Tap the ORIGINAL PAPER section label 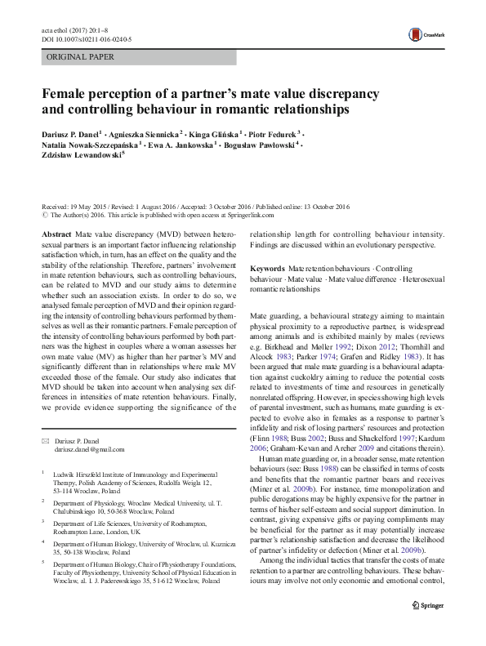point(80,57)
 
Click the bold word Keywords point(267,268)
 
